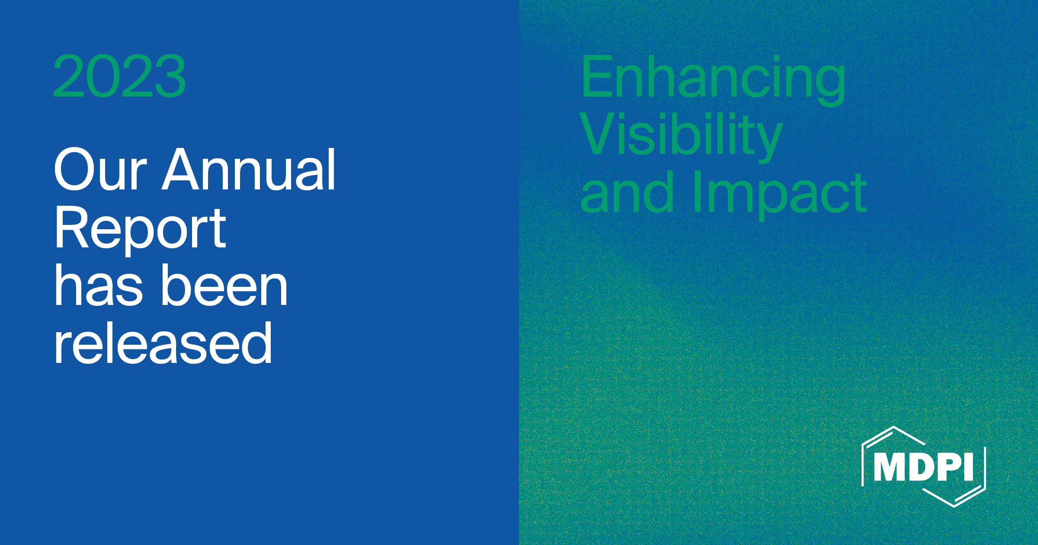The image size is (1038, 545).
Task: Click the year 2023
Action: (x=119, y=76)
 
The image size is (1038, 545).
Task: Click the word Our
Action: (x=100, y=170)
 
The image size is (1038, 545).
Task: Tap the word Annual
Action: (x=249, y=170)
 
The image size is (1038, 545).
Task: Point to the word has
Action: (x=99, y=286)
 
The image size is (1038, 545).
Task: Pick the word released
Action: (x=163, y=343)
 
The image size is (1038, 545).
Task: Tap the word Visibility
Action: (x=681, y=135)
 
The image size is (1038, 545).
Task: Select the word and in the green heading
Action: (x=627, y=192)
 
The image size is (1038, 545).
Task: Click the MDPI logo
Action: (x=924, y=467)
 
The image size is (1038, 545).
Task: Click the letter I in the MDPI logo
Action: (x=968, y=467)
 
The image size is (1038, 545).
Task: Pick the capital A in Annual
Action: (x=181, y=170)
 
